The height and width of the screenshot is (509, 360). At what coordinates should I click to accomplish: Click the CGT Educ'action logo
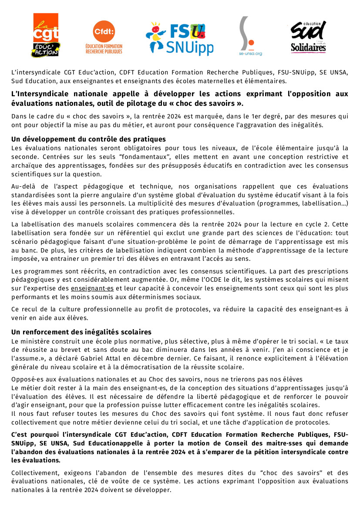(x=46, y=35)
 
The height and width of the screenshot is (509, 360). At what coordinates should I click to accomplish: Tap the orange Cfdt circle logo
(x=104, y=31)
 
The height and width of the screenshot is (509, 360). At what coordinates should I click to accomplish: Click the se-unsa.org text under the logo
(x=250, y=54)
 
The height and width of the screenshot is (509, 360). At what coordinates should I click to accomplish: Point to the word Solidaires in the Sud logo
(x=308, y=47)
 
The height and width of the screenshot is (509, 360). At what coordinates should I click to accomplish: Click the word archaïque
(x=26, y=165)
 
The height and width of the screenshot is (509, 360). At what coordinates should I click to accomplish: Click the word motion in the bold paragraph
(x=197, y=443)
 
